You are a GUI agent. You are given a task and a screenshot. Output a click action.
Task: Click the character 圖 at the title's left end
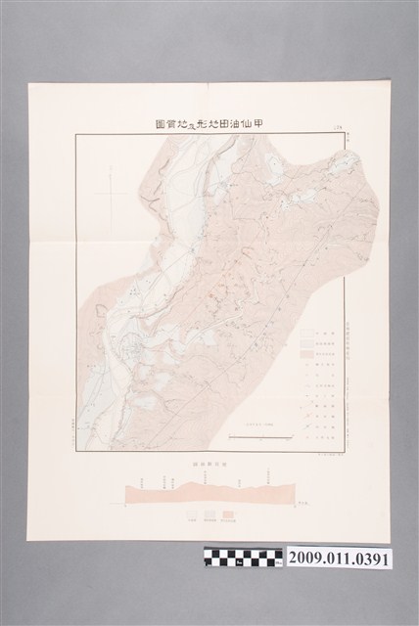point(160,125)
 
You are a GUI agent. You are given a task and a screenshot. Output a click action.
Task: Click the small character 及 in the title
point(187,126)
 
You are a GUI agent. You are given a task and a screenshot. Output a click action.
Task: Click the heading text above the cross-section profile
point(210,460)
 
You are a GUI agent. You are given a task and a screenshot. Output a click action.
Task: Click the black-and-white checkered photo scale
point(243,558)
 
